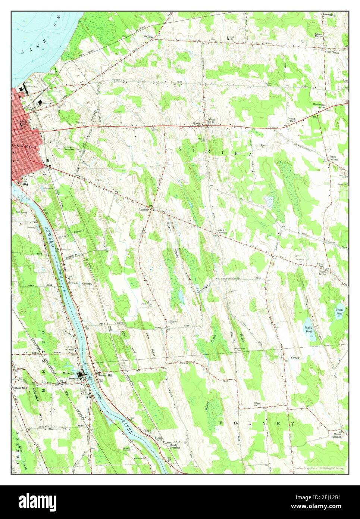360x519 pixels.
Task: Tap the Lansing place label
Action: [x=144, y=210]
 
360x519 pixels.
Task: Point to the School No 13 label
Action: [x=232, y=38]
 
